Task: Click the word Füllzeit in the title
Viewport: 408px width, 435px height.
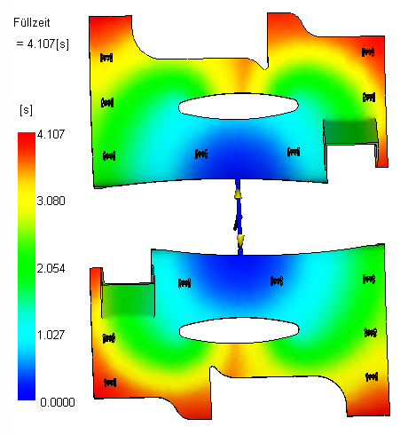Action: pos(32,23)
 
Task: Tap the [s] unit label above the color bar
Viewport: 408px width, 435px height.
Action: pos(26,110)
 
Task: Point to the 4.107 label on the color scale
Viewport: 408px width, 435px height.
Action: pos(51,135)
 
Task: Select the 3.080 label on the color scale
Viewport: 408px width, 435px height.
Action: pos(51,201)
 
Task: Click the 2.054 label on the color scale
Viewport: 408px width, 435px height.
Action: pos(51,268)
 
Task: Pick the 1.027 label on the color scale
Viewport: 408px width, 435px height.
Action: pos(51,335)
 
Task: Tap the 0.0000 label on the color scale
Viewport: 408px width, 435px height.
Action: pos(58,402)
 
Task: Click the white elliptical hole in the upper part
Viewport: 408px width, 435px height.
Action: pos(239,107)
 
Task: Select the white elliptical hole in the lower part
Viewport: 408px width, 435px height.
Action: pos(239,330)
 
